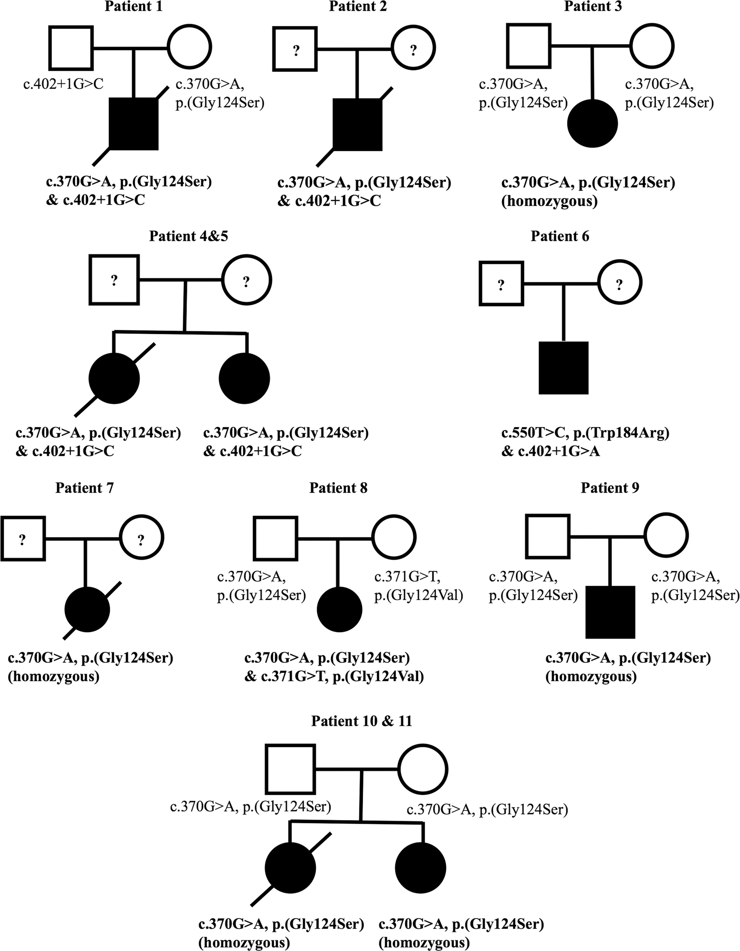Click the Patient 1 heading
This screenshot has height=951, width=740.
pyautogui.click(x=133, y=6)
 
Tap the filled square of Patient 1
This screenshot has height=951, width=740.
pyautogui.click(x=133, y=124)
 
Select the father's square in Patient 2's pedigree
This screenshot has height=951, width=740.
pyautogui.click(x=295, y=48)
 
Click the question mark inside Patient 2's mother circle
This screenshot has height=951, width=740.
pyautogui.click(x=413, y=50)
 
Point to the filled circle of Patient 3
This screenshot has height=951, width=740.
pyautogui.click(x=593, y=123)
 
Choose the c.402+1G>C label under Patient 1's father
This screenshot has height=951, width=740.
pyautogui.click(x=64, y=83)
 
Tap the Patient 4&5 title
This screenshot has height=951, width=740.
pyautogui.click(x=188, y=236)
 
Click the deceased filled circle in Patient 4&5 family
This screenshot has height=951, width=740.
pyautogui.click(x=114, y=378)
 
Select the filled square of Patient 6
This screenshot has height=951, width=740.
pyautogui.click(x=564, y=368)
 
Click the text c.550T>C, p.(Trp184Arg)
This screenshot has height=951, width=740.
pyautogui.click(x=585, y=433)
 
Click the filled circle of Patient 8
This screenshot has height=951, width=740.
pyautogui.click(x=339, y=609)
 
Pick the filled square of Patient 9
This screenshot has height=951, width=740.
pyautogui.click(x=610, y=612)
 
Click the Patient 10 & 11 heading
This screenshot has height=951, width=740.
pyautogui.click(x=362, y=721)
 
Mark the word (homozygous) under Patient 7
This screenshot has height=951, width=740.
pyautogui.click(x=53, y=676)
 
